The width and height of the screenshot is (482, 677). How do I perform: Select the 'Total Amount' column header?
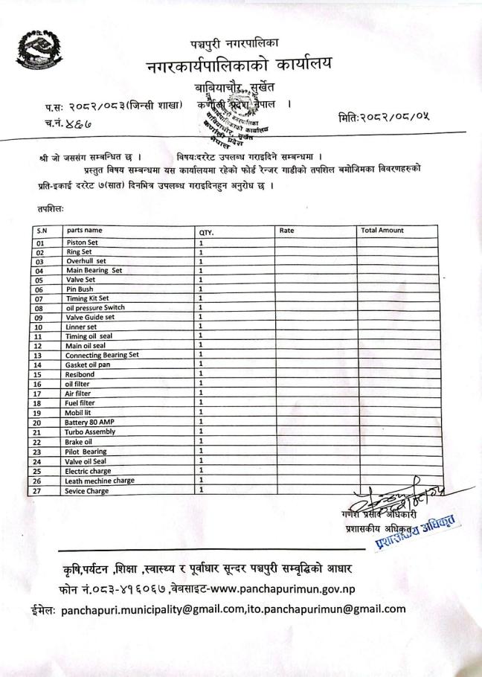pos(382,231)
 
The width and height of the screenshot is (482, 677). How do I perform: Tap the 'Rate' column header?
pos(286,231)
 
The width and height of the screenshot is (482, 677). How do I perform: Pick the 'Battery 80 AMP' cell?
pos(91,423)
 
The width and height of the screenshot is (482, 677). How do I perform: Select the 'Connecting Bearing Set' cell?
pos(102,355)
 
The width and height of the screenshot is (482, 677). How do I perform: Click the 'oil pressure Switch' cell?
pos(95,308)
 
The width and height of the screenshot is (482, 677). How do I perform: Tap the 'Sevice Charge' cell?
pos(86,491)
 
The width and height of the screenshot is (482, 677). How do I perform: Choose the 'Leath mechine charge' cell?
pos(100,481)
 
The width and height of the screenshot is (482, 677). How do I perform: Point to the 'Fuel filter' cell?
pos(81,403)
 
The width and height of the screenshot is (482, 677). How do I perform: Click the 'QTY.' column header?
pos(206,231)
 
